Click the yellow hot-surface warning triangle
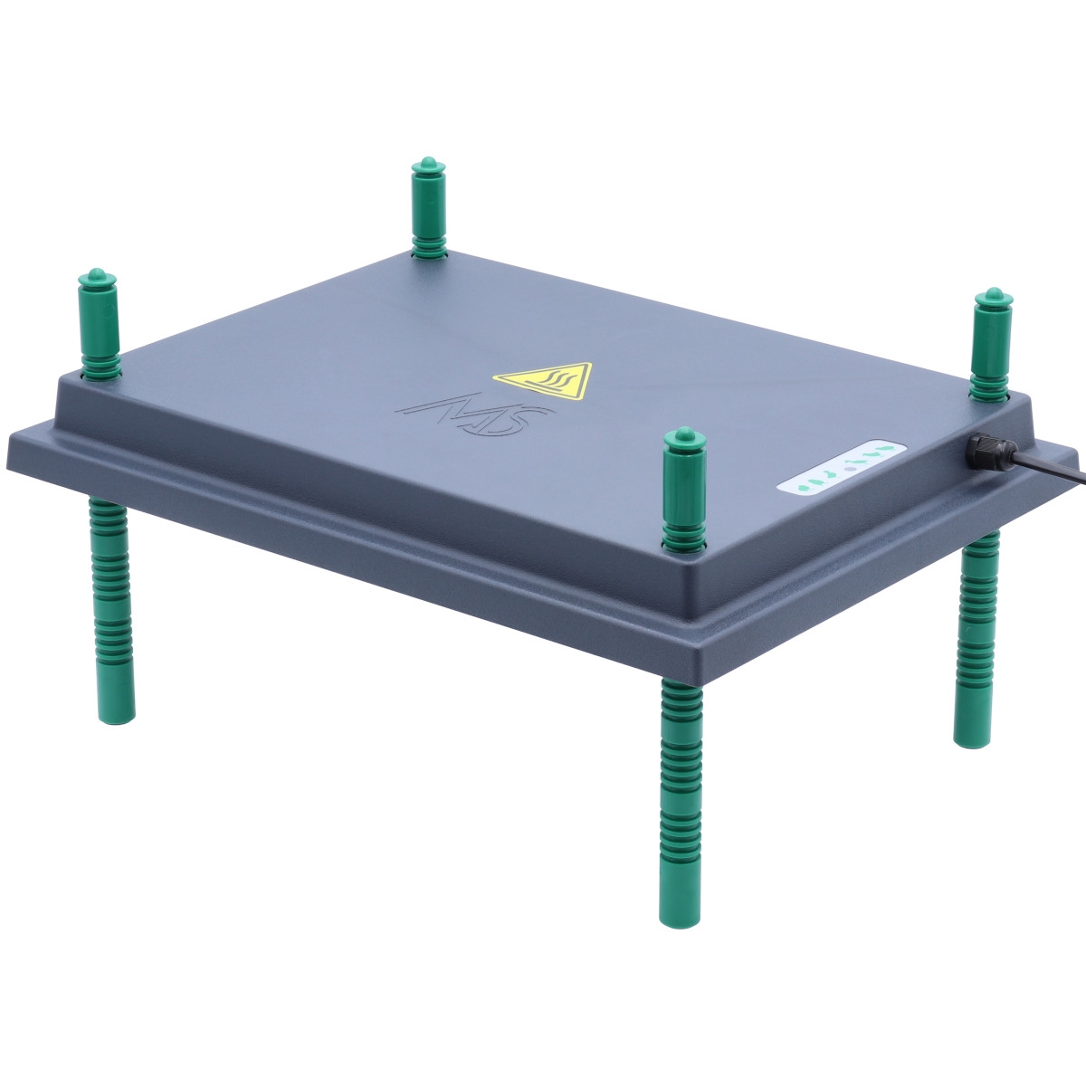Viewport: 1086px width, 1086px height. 544,380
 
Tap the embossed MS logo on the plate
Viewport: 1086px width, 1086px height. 475,415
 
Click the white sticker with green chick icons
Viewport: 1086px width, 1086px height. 841,467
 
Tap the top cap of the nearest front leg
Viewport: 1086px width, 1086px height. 684,437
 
